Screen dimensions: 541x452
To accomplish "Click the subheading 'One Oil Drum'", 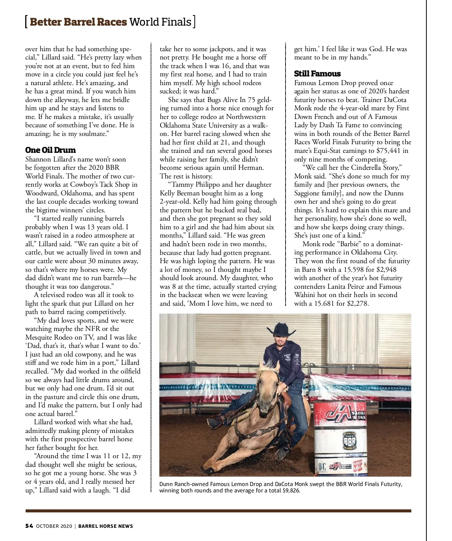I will [50, 150].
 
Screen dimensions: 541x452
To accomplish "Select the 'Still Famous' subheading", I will [317, 74].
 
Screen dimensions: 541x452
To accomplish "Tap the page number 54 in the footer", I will [29, 526].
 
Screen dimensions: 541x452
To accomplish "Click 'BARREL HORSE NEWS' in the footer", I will [105, 526].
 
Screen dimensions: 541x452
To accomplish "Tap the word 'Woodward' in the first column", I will [41, 193].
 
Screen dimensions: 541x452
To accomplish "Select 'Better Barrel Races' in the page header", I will [78, 22].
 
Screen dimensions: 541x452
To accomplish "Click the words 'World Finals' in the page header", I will [160, 22].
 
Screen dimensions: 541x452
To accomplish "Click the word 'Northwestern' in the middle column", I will [246, 117].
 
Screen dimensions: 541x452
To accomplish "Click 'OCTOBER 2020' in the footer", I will [54, 526].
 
